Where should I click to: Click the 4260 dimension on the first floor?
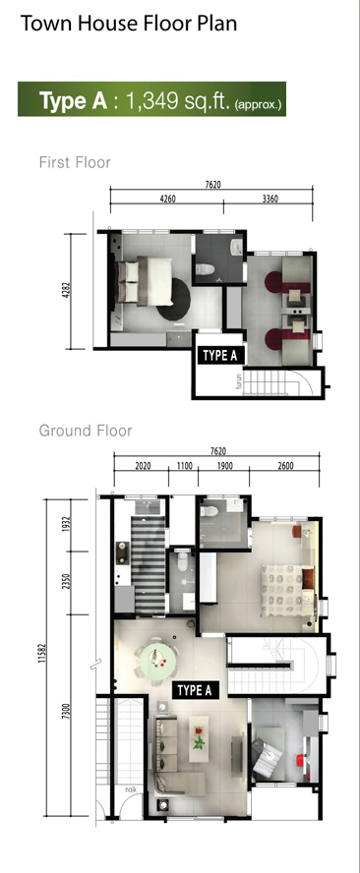(x=167, y=199)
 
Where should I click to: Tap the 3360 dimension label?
(x=270, y=199)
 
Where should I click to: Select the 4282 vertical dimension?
(x=67, y=291)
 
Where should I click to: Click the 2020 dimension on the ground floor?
(x=144, y=466)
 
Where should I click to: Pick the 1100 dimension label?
(x=185, y=466)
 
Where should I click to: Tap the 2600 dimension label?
(x=285, y=466)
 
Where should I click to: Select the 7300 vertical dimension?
(x=67, y=711)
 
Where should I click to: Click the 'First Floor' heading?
(x=75, y=162)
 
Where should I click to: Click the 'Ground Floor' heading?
(x=86, y=431)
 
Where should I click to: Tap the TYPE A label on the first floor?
(x=221, y=356)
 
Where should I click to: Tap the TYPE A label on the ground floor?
(x=195, y=690)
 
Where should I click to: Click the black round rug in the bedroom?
(x=174, y=300)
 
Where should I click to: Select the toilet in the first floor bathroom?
(x=205, y=269)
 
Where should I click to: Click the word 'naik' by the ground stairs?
(x=131, y=788)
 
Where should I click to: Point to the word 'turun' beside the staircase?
(x=239, y=381)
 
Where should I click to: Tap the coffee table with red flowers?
(x=199, y=732)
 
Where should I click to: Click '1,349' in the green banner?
(x=151, y=100)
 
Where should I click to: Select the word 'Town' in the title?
(x=47, y=24)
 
